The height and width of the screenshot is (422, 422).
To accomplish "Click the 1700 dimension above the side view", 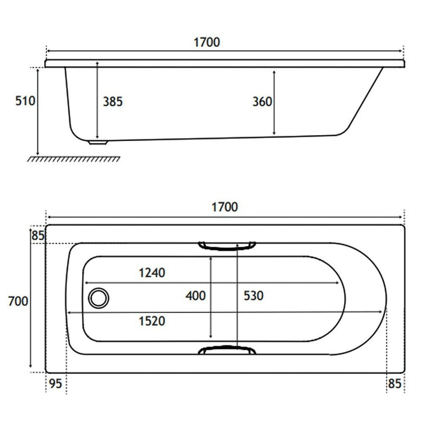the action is pyautogui.click(x=207, y=42).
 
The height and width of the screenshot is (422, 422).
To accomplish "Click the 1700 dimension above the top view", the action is pyautogui.click(x=225, y=207).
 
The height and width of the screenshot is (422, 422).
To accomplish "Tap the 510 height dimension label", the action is pyautogui.click(x=25, y=101).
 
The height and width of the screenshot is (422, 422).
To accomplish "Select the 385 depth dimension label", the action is pyautogui.click(x=113, y=102).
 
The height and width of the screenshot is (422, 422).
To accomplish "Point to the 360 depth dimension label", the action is pyautogui.click(x=262, y=102).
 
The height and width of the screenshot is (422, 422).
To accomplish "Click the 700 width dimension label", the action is pyautogui.click(x=18, y=301).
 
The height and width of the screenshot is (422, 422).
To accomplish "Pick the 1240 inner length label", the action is pyautogui.click(x=152, y=273).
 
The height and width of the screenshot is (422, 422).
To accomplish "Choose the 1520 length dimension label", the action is pyautogui.click(x=152, y=321).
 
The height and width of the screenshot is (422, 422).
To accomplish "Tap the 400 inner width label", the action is pyautogui.click(x=196, y=296).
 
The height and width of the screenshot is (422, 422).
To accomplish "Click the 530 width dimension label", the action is pyautogui.click(x=254, y=296).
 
